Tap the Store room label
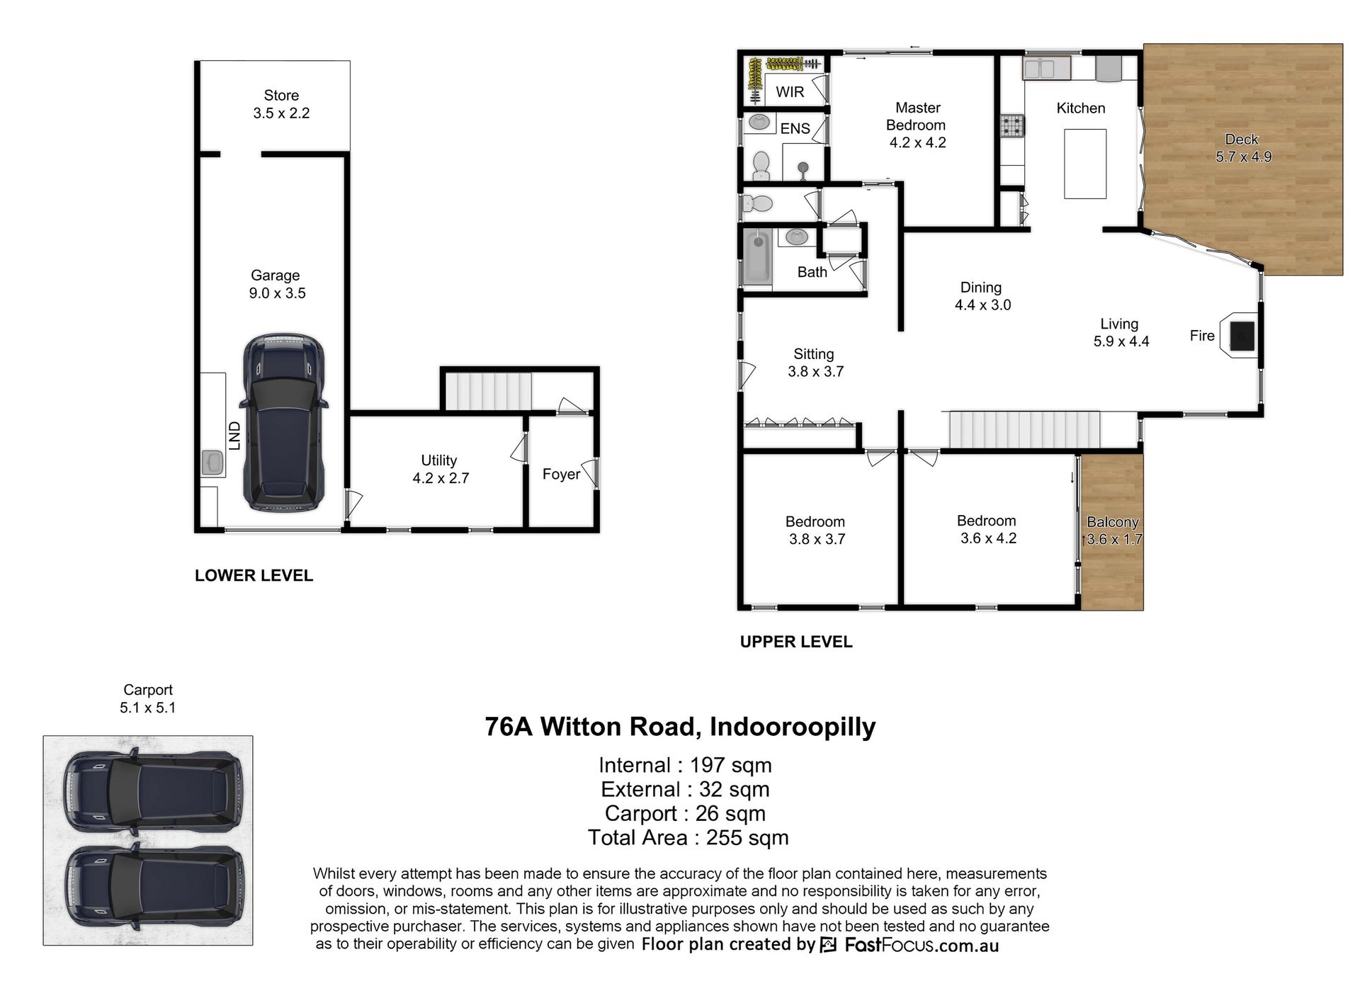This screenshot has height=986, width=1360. pos(281,95)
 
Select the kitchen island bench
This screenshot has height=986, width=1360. pos(1085,164)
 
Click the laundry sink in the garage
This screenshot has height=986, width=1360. pos(212,463)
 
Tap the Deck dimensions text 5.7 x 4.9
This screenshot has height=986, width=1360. pos(1244,157)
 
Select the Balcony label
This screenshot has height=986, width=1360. pos(1113,522)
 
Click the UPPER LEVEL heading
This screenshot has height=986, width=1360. pos(796,642)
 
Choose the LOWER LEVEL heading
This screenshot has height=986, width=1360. pos(254,576)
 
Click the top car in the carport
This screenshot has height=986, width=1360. pos(153,790)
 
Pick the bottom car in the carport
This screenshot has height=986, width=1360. pos(153,886)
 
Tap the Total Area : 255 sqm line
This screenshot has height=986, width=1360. pos(688,838)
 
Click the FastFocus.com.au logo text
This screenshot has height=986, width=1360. pos(922,945)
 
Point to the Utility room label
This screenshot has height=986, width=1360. pos(439,460)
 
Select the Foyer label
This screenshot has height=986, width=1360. pos(561,474)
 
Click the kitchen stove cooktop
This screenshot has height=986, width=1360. pos(1012,126)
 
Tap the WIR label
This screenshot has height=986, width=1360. pos(790,92)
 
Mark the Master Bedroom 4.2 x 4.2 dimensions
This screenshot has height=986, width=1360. pos(918,142)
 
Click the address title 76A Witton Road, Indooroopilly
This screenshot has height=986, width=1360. pos(680,727)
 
